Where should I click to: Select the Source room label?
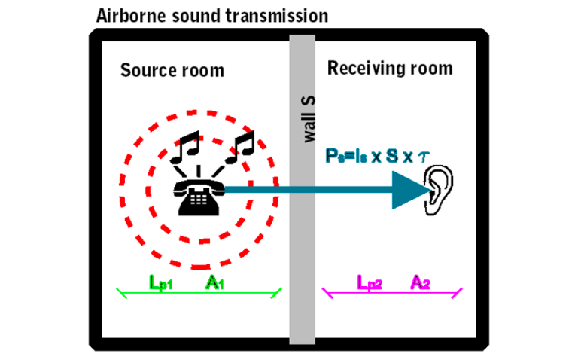coord(172,71)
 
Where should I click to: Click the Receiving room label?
coord(390,69)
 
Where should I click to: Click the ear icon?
coord(440,188)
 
